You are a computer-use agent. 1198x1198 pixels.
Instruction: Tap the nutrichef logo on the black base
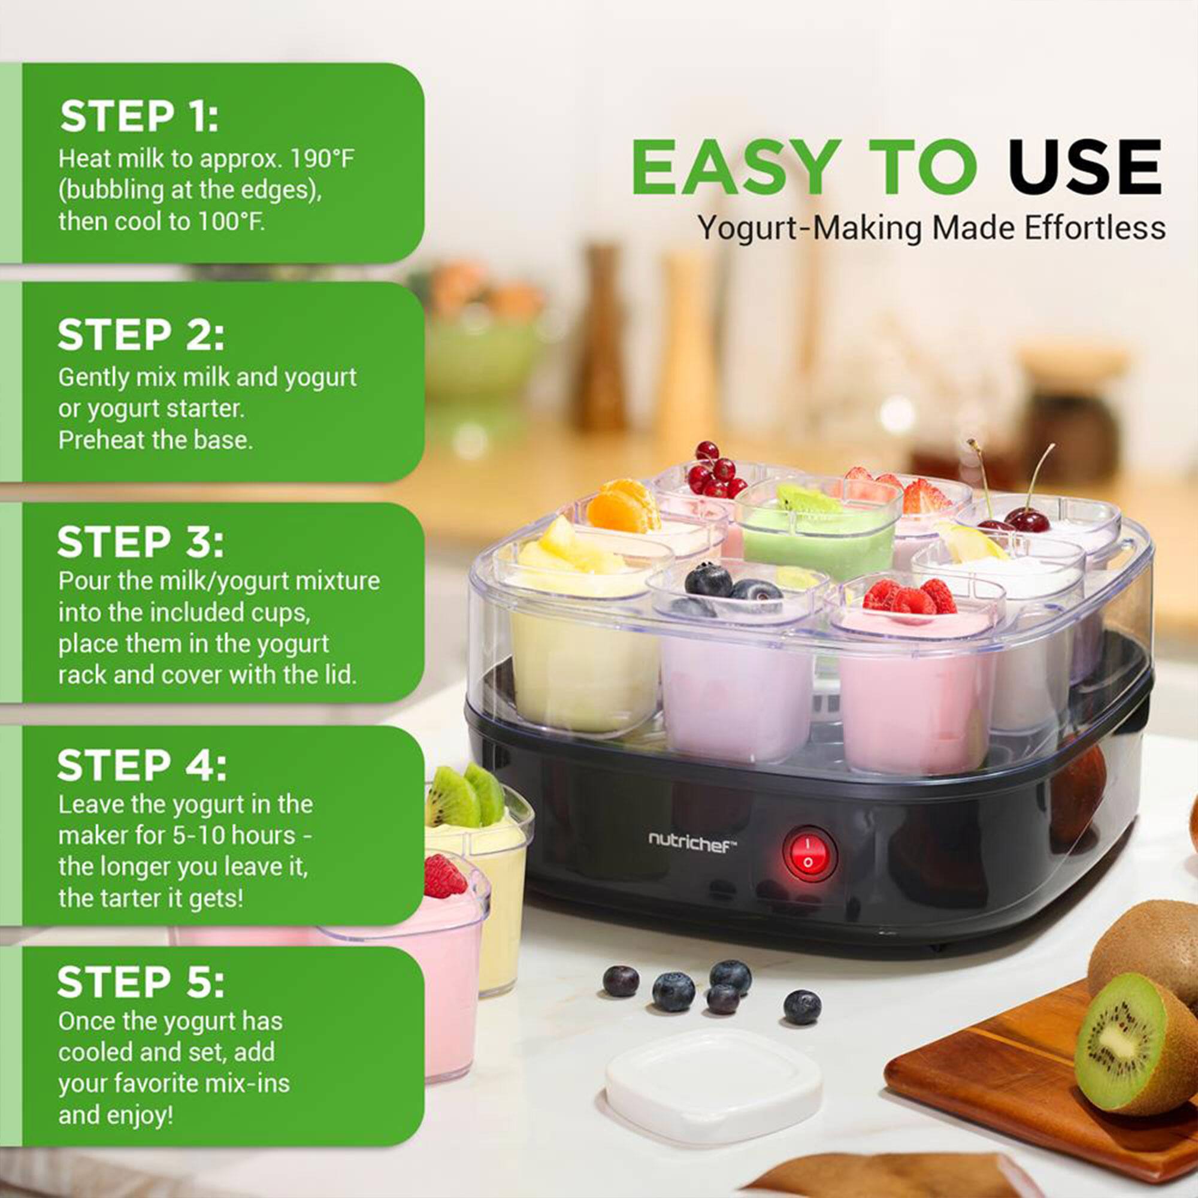click(692, 842)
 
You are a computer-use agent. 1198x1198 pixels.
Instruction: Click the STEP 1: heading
click(140, 117)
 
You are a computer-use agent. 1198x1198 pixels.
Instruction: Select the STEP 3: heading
click(140, 542)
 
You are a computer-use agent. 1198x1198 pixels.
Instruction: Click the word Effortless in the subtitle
click(1094, 228)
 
